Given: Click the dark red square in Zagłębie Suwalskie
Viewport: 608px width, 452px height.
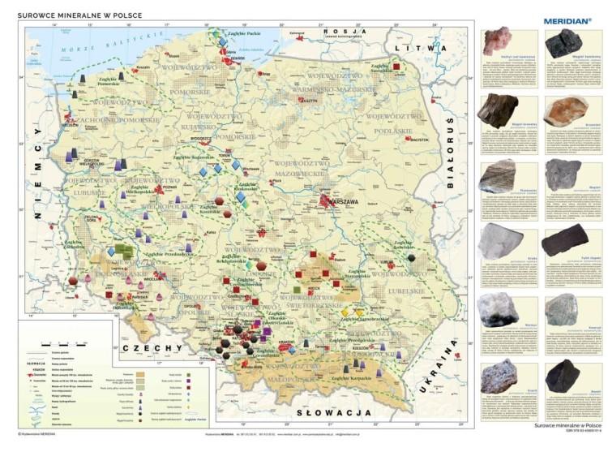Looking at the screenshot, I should pos(396,67).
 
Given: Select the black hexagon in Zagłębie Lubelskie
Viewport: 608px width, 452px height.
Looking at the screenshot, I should pos(413,257).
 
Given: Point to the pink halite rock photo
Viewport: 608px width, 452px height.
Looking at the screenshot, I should pos(500,41).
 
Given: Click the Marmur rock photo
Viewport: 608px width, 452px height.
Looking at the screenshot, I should pos(500,308).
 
